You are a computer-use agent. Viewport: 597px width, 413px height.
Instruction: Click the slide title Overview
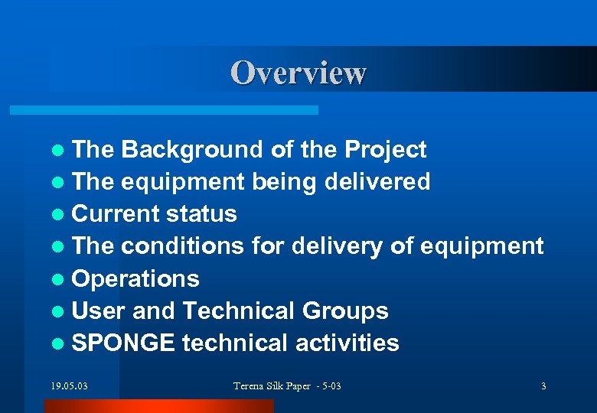pyautogui.click(x=298, y=73)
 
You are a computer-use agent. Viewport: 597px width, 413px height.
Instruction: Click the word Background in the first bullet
pyautogui.click(x=192, y=150)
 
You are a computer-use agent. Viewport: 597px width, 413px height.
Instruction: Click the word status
pyautogui.click(x=202, y=214)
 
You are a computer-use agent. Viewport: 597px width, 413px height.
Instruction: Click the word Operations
pyautogui.click(x=135, y=279)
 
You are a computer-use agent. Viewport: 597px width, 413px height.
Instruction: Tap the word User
pyautogui.click(x=98, y=311)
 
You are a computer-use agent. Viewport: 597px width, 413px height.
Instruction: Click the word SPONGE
pyautogui.click(x=123, y=343)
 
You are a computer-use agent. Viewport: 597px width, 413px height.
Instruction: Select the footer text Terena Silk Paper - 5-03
pyautogui.click(x=287, y=386)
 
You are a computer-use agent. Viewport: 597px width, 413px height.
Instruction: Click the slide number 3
pyautogui.click(x=543, y=386)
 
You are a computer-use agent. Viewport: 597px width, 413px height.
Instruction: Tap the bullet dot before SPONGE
pyautogui.click(x=60, y=344)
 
